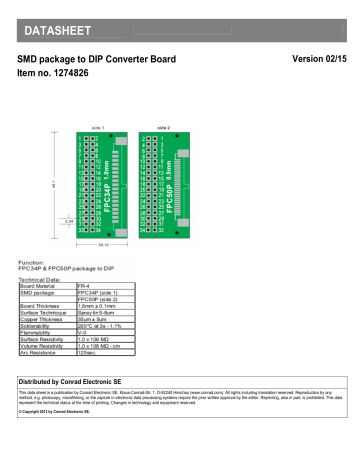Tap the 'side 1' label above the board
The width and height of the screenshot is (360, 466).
tap(98, 127)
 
